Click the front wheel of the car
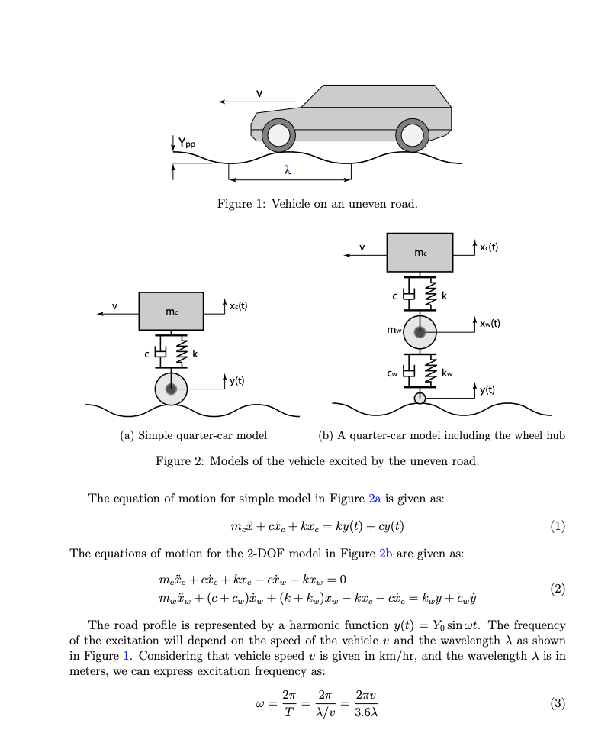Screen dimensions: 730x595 click(278, 135)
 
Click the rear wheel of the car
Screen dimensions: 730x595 click(412, 135)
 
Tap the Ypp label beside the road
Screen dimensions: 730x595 click(186, 141)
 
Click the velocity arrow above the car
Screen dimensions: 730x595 click(256, 101)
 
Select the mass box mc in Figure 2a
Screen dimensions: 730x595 click(171, 311)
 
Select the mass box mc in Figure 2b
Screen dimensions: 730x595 click(420, 252)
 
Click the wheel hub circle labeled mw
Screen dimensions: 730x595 click(420, 331)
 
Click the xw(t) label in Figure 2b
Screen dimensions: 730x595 click(490, 323)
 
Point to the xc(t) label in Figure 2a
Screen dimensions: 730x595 click(238, 305)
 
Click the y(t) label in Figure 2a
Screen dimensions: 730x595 click(238, 380)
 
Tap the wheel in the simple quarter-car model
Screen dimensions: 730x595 click(171, 389)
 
